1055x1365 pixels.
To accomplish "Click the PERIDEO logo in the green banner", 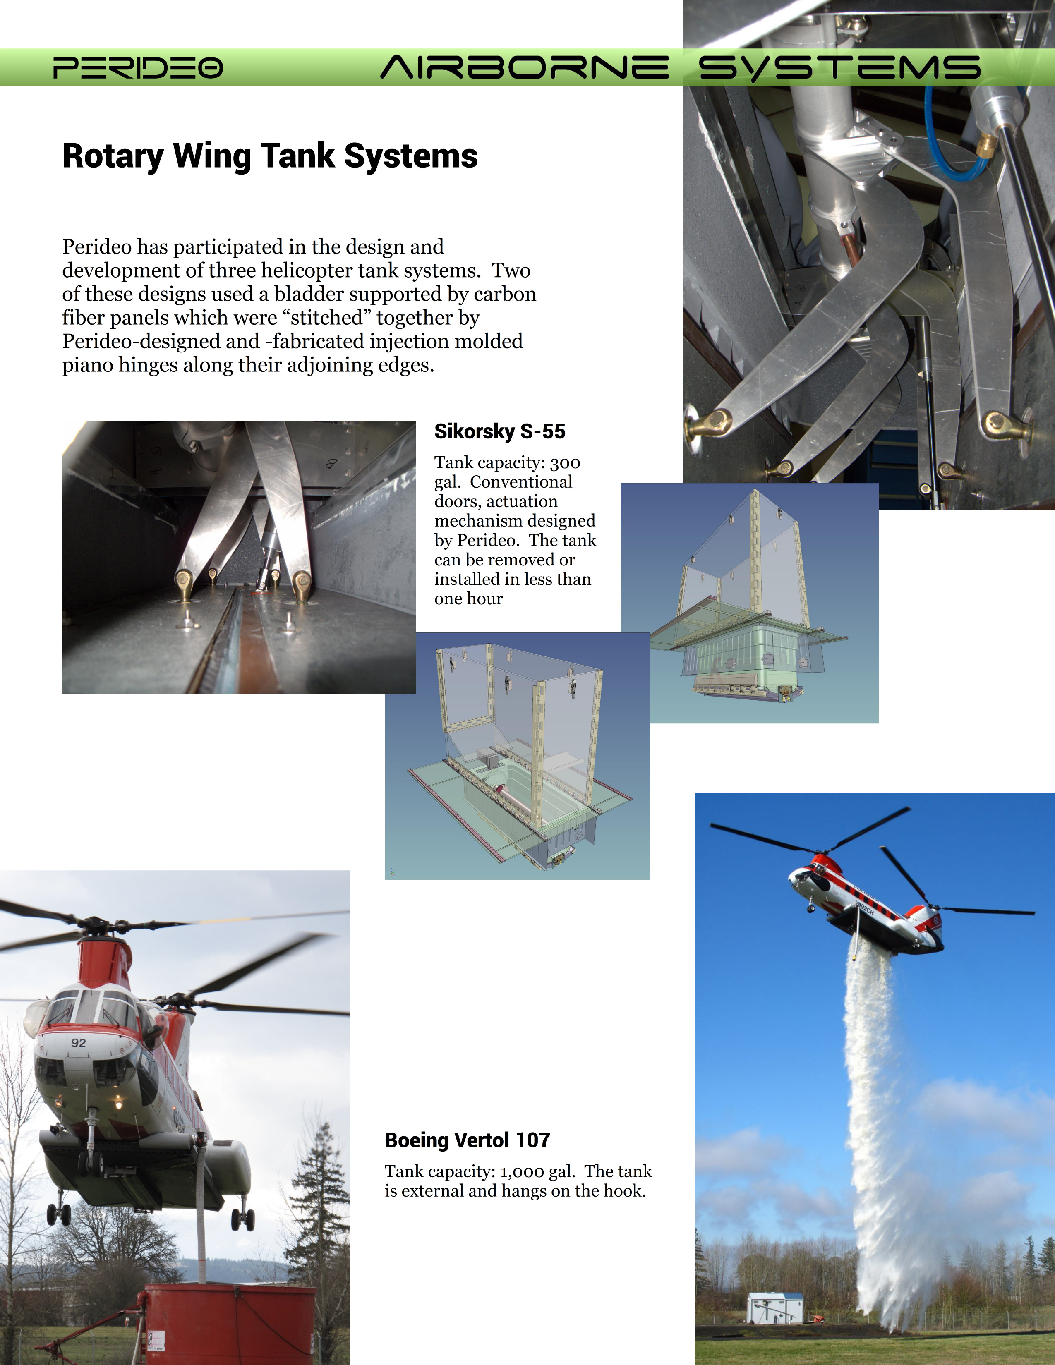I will coord(137,67).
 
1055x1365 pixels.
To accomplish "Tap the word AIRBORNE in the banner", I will coord(524,67).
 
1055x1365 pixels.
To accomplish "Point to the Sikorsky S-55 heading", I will coord(499,431).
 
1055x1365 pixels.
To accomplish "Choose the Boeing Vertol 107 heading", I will coord(467,1140).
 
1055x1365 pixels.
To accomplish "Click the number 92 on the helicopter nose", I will coord(78,1042).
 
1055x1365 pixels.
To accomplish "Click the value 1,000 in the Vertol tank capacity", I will coord(522,1171).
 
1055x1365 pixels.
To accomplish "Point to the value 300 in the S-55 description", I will coord(565,463).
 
